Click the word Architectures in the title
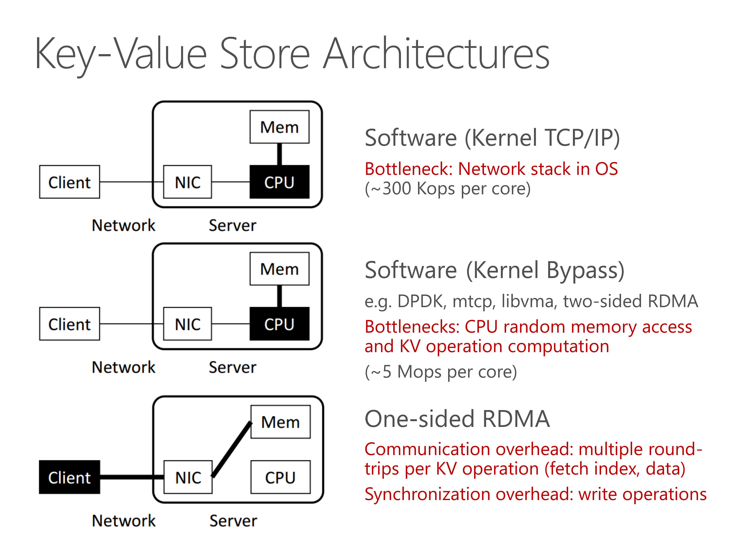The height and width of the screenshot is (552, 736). pyautogui.click(x=436, y=53)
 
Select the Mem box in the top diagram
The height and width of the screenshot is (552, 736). pyautogui.click(x=279, y=127)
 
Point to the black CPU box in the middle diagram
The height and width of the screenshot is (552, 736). pyautogui.click(x=279, y=324)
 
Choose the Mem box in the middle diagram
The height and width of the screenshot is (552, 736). pyautogui.click(x=279, y=269)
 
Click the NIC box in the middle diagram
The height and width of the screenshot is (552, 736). pyautogui.click(x=187, y=324)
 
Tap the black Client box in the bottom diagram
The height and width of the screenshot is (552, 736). pyautogui.click(x=70, y=477)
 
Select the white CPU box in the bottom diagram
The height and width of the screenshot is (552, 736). pyautogui.click(x=280, y=477)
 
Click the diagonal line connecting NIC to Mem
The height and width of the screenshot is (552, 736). pyautogui.click(x=232, y=449)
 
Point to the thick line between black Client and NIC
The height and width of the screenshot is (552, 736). pyautogui.click(x=132, y=477)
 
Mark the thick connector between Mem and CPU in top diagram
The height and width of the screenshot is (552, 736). pyautogui.click(x=279, y=154)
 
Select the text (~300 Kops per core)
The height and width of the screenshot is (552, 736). pyautogui.click(x=448, y=189)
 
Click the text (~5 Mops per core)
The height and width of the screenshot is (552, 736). pyautogui.click(x=441, y=372)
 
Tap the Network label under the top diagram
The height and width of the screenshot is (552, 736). pyautogui.click(x=123, y=225)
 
